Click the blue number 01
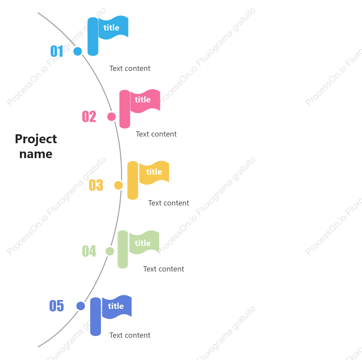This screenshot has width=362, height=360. (57, 51)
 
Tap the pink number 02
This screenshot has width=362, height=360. (89, 116)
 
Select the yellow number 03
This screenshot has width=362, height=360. (96, 185)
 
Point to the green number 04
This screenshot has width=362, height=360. (89, 251)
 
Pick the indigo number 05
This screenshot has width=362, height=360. (56, 306)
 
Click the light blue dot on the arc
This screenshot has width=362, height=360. (78, 51)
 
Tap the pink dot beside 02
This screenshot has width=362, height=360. (111, 117)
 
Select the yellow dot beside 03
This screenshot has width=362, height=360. (118, 185)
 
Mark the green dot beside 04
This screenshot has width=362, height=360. (110, 251)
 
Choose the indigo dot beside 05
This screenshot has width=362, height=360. (81, 306)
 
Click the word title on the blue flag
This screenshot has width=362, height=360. (111, 28)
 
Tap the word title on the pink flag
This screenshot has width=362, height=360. (143, 100)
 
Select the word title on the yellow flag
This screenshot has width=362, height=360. (154, 172)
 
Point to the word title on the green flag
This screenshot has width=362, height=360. (143, 243)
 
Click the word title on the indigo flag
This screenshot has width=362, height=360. (116, 306)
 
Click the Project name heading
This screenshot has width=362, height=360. (36, 146)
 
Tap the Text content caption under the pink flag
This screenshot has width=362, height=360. (156, 134)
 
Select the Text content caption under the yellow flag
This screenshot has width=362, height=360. (169, 203)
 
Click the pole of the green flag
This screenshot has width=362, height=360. (123, 249)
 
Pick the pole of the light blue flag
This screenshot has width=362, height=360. (93, 36)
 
